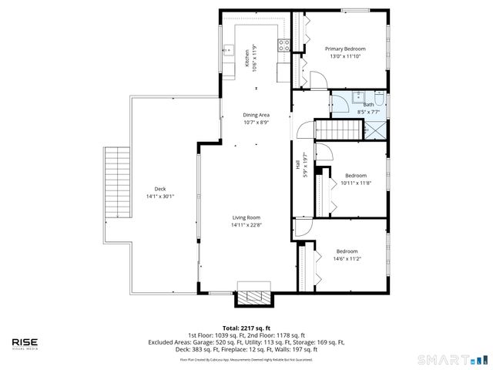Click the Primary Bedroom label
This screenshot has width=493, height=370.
(344, 49)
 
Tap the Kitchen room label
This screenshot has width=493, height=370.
(247, 59)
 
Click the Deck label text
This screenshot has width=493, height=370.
(160, 189)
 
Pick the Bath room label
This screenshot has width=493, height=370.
(368, 104)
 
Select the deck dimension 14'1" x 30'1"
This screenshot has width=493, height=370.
(160, 197)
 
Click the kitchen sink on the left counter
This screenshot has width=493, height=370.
(228, 52)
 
